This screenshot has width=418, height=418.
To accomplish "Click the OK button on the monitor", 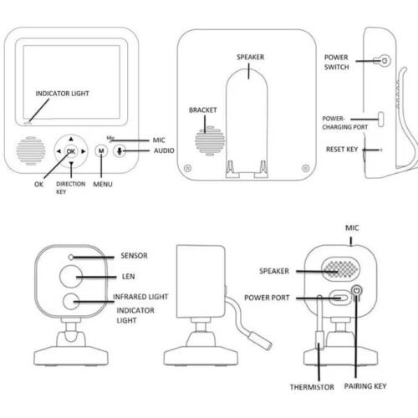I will pyautogui.click(x=71, y=150).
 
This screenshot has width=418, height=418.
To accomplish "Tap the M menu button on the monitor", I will pyautogui.click(x=101, y=150).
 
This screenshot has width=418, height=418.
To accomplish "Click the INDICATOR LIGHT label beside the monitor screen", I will pyautogui.click(x=61, y=94).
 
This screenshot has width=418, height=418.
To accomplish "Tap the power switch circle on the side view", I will pyautogui.click(x=383, y=60).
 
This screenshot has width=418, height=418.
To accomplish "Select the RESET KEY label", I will pyautogui.click(x=341, y=150).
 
